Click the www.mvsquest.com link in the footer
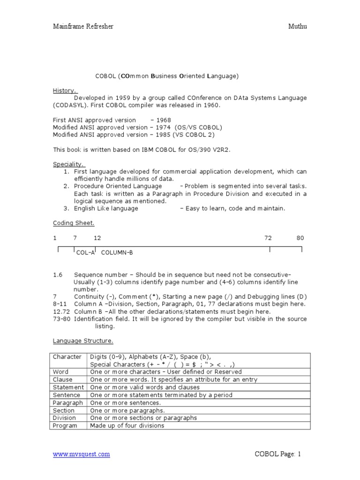(x=81, y=454)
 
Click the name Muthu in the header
(x=297, y=27)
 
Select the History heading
(x=64, y=90)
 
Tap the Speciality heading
(x=68, y=164)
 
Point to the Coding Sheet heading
(x=73, y=223)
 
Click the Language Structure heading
(x=82, y=341)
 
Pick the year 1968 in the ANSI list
(x=164, y=120)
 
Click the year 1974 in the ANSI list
(x=164, y=127)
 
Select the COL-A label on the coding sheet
(x=85, y=253)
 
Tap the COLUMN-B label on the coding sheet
(x=117, y=253)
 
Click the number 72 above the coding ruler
(x=268, y=238)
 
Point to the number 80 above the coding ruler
(x=300, y=238)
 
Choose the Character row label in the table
(x=67, y=357)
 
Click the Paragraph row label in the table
(x=67, y=403)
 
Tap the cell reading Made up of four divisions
(x=127, y=426)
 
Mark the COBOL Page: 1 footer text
(x=277, y=454)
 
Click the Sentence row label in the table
(x=67, y=395)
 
